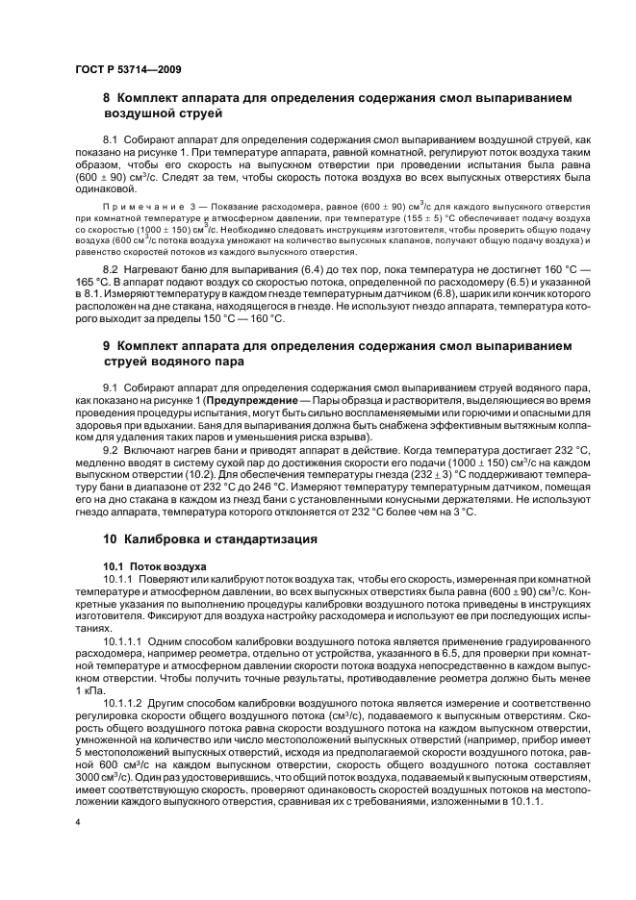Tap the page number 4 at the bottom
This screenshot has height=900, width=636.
point(78,823)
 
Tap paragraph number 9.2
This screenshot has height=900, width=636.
point(110,448)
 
